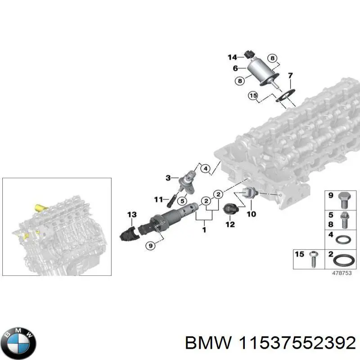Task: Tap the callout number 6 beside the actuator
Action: tap(235, 68)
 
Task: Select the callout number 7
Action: tap(290, 75)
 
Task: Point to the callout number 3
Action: tap(168, 178)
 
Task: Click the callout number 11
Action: tap(158, 199)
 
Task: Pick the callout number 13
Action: tap(131, 215)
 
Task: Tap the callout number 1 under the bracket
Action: tap(204, 230)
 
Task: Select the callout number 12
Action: tap(230, 224)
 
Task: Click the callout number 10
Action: tap(251, 214)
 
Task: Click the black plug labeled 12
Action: tap(230, 209)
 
